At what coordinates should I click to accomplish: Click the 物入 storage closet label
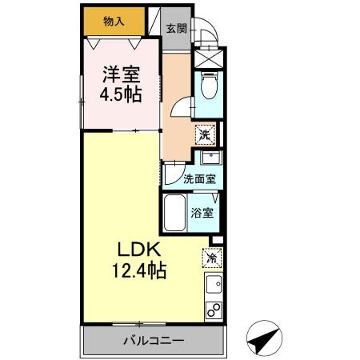[114, 22]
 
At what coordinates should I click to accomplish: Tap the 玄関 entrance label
[176, 29]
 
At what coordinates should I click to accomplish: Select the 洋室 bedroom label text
[121, 74]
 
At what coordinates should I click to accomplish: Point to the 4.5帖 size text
[121, 94]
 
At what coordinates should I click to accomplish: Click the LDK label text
[139, 250]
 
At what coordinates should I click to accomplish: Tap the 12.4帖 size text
[139, 271]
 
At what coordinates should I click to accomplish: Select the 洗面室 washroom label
[200, 179]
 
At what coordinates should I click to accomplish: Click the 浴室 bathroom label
[202, 213]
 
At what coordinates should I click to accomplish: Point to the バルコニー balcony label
[154, 340]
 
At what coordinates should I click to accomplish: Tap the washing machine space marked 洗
[205, 135]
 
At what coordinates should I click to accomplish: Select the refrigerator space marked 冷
[212, 258]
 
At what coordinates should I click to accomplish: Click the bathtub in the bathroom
[175, 213]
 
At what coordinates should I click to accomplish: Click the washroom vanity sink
[211, 157]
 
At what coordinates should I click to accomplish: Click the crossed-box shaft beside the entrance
[209, 59]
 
